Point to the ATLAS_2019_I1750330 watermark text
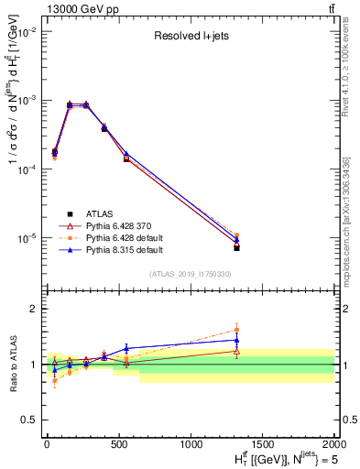coord(191,274)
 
